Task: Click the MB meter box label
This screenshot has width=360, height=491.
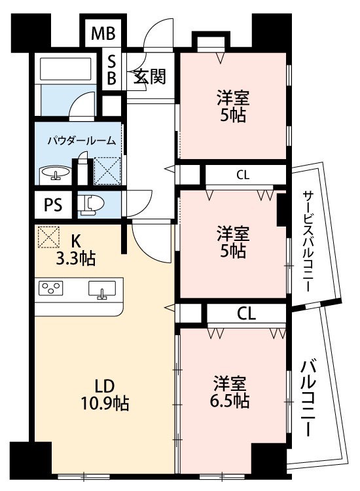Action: (103, 33)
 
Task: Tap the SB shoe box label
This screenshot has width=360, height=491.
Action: (111, 70)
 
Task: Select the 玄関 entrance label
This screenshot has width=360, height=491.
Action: (150, 76)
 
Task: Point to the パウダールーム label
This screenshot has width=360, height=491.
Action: (82, 141)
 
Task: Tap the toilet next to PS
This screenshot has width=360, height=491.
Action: (91, 206)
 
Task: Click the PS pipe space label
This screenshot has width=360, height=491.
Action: (53, 206)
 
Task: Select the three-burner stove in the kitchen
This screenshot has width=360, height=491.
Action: (50, 288)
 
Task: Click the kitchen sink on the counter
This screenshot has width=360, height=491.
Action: (102, 289)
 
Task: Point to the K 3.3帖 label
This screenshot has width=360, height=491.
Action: (75, 250)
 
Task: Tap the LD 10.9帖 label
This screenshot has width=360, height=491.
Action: (105, 395)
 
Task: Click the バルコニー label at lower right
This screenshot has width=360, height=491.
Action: (308, 399)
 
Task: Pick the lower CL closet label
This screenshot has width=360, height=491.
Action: (247, 314)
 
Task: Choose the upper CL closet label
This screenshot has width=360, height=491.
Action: (243, 175)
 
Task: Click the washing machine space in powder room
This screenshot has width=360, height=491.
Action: (107, 171)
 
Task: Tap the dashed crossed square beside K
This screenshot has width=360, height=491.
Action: (48, 238)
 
